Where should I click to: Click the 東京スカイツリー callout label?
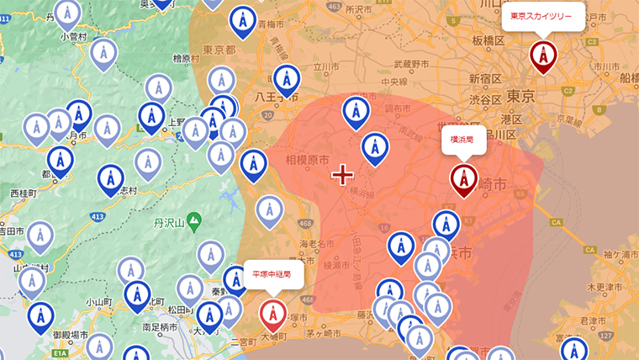tap(542, 16)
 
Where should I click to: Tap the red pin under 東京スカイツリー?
tap(543, 56)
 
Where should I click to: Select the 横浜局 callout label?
tap(464, 140)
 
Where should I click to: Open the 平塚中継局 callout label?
tap(272, 274)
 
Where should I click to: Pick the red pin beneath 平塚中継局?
tap(272, 314)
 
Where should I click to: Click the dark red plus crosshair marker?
tap(342, 175)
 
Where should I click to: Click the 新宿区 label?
tap(484, 79)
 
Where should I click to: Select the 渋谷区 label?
tap(485, 98)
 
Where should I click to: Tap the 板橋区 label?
tap(488, 40)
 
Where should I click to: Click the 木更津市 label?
tap(603, 288)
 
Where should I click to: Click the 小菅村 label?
tap(75, 37)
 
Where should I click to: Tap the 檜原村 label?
tap(186, 59)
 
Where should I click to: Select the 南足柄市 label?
tap(161, 326)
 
